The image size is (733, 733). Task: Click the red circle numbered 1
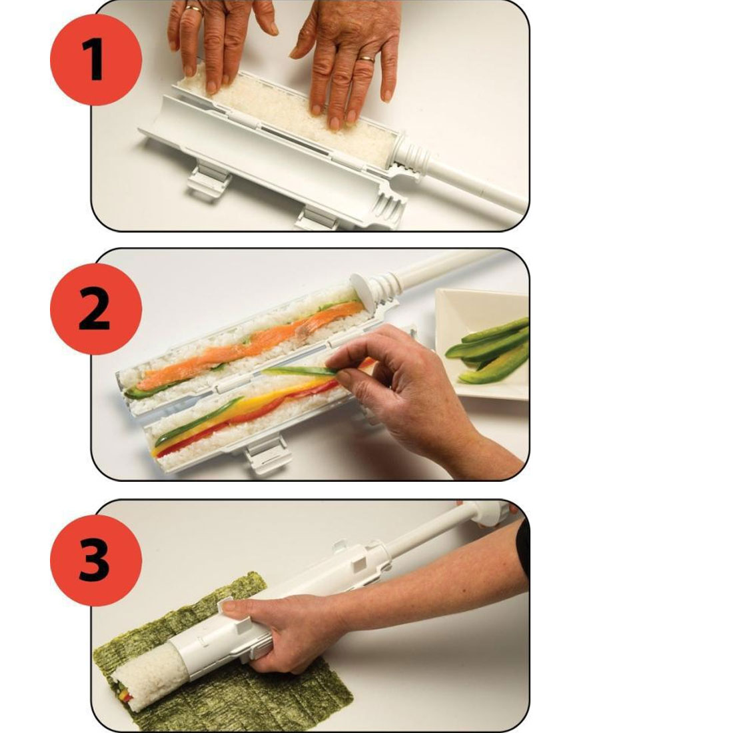(96, 59)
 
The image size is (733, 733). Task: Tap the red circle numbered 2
(96, 309)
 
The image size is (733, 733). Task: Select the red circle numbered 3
(96, 560)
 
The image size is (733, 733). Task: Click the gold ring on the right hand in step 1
(366, 59)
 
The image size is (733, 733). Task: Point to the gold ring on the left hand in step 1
(193, 8)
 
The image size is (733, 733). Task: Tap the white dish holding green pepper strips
(482, 344)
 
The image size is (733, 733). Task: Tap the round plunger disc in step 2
(363, 291)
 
